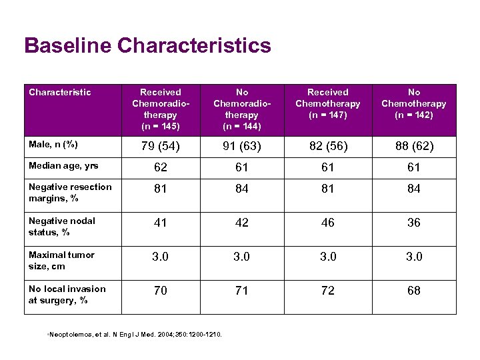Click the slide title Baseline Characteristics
(x=147, y=46)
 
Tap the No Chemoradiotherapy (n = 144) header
(x=242, y=108)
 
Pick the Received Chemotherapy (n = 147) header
(x=328, y=103)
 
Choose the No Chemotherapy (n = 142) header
(x=414, y=103)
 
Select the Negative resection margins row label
(x=70, y=192)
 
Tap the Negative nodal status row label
(x=62, y=226)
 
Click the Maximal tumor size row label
(x=61, y=260)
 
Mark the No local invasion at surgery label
(x=67, y=294)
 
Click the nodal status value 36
(x=414, y=223)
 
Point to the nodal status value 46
(x=328, y=223)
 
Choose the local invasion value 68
(x=414, y=291)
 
